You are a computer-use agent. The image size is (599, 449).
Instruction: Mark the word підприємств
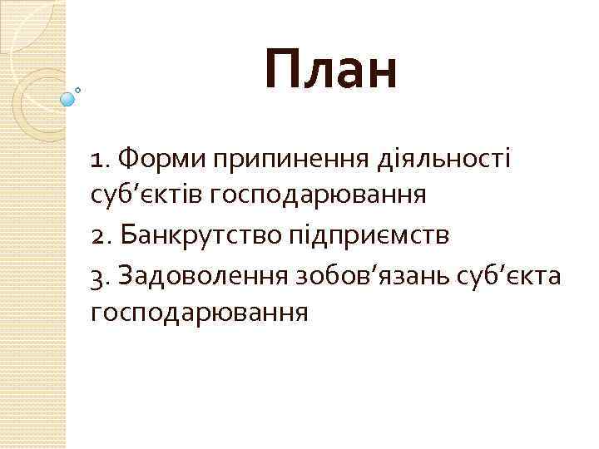(x=369, y=237)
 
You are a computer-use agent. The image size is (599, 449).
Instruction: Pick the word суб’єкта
(x=511, y=275)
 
